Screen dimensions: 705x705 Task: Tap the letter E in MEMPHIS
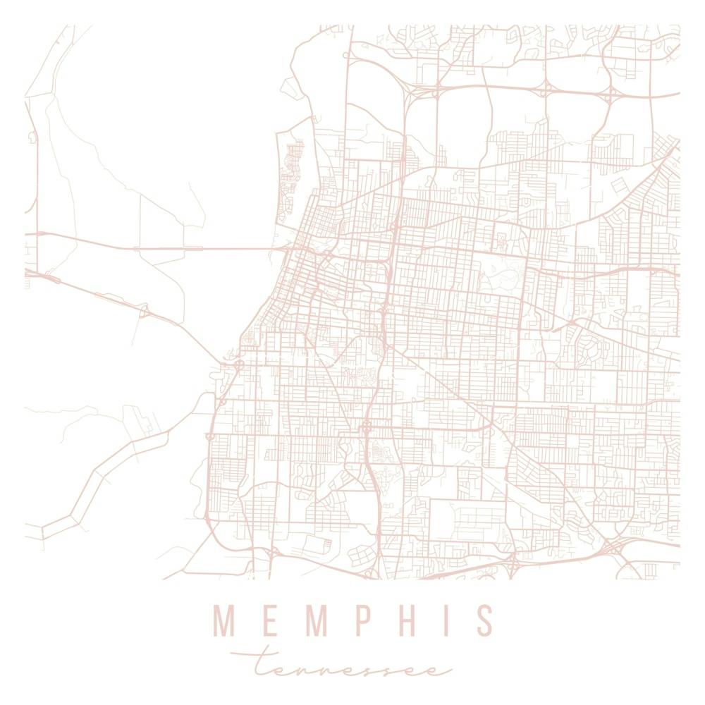(x=264, y=620)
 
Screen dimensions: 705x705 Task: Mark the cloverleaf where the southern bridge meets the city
(x=238, y=364)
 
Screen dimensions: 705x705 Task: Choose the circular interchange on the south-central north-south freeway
(x=367, y=427)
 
